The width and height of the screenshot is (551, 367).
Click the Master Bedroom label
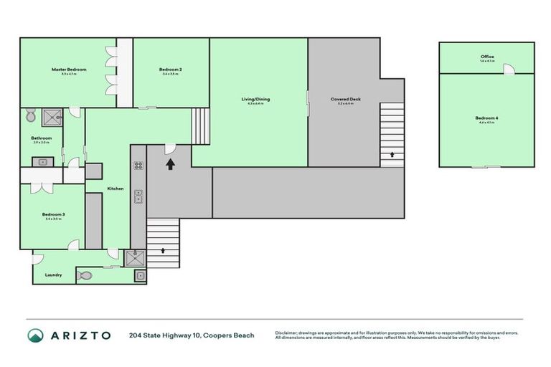point(69,70)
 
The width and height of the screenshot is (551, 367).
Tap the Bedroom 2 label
point(171,70)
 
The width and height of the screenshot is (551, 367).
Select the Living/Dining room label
point(258,99)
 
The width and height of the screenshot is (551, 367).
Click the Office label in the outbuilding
point(487,57)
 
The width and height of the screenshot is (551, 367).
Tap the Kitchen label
point(116,189)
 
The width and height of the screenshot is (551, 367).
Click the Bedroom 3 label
point(53,214)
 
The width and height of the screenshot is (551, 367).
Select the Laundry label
point(53,275)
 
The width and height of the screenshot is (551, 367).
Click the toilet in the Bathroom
point(30,116)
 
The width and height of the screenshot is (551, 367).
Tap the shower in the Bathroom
point(51,116)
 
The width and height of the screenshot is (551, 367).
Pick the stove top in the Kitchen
point(138,166)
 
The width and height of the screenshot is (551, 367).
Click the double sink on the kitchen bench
point(138,196)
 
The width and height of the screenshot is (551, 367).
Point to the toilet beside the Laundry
point(84,275)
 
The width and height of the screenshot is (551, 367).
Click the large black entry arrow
point(171,166)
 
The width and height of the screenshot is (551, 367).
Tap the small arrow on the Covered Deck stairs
point(392,153)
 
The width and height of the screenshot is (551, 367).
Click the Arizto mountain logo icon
point(35,335)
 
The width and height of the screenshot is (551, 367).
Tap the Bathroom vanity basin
point(42,162)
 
